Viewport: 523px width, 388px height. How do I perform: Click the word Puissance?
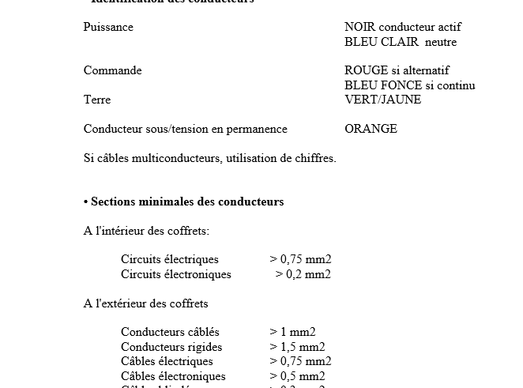click(x=108, y=27)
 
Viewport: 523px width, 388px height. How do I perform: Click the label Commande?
click(x=113, y=70)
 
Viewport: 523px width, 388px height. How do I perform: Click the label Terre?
click(x=97, y=100)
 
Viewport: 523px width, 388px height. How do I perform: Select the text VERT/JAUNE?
click(x=383, y=100)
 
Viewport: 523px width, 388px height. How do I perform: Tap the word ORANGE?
click(x=371, y=129)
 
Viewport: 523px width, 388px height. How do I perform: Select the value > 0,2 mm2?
click(x=303, y=274)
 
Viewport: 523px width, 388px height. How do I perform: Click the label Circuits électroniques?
click(x=176, y=274)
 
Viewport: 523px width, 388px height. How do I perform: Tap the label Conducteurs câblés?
click(x=170, y=332)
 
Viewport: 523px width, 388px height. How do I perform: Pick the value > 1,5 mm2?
click(x=297, y=347)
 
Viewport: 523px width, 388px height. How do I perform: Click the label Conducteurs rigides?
click(x=171, y=347)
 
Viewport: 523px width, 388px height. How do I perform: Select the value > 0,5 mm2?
click(x=297, y=376)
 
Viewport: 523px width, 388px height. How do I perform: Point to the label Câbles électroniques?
click(x=173, y=376)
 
